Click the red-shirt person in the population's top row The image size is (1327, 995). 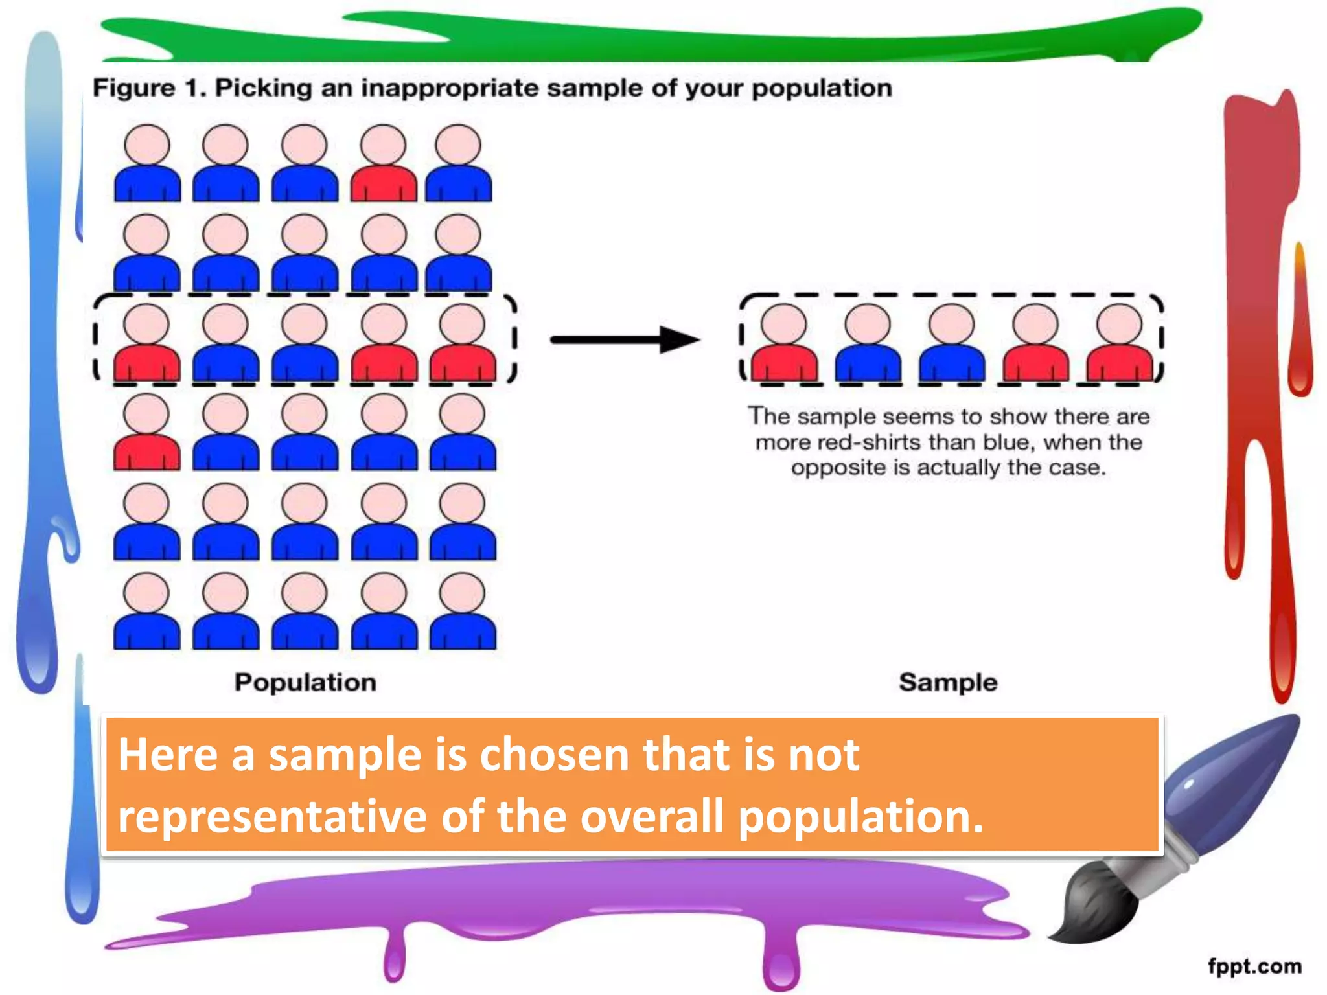[x=384, y=165]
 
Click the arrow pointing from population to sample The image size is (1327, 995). [x=625, y=339]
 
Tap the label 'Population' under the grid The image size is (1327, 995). [x=305, y=682]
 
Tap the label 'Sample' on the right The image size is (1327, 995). [x=948, y=682]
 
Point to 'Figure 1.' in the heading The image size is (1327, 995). [x=149, y=88]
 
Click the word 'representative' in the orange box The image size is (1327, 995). [x=272, y=816]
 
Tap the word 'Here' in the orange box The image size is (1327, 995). [x=167, y=755]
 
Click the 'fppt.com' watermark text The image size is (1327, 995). [x=1254, y=966]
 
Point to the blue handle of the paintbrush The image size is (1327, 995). [x=1231, y=784]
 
